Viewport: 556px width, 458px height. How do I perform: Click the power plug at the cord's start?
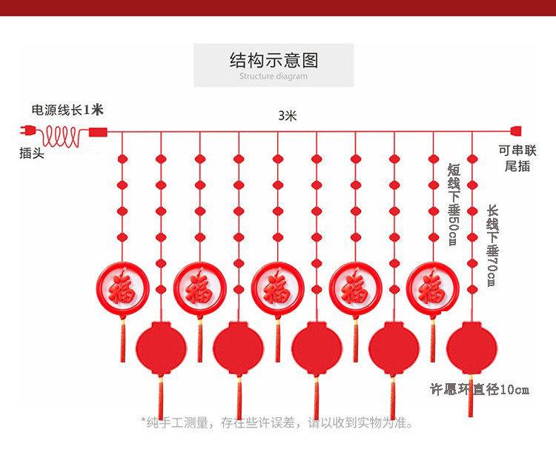click(27, 131)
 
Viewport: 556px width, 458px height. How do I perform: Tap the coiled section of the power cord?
click(61, 136)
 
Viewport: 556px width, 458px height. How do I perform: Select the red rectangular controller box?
click(98, 132)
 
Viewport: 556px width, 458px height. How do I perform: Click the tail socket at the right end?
click(516, 131)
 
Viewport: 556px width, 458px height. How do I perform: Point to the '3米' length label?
click(287, 116)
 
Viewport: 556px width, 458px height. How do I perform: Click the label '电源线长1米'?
click(67, 110)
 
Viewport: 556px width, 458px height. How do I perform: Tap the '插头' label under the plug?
click(32, 153)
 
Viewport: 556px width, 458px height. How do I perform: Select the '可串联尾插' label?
click(517, 158)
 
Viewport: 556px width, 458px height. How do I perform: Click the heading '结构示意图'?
click(274, 60)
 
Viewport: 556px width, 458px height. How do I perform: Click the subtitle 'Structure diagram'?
click(274, 76)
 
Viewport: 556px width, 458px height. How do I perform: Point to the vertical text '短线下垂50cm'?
click(453, 205)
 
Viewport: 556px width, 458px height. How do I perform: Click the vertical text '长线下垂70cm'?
click(492, 245)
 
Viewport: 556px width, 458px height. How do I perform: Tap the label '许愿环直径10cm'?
click(480, 390)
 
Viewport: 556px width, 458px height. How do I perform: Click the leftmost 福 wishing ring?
click(122, 288)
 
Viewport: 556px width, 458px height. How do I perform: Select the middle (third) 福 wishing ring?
click(278, 288)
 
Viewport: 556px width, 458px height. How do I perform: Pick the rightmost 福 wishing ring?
click(433, 288)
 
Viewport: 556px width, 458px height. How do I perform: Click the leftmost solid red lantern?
click(161, 348)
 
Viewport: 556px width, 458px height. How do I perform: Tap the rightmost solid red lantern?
click(471, 348)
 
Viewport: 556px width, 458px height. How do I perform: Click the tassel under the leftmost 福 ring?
click(122, 339)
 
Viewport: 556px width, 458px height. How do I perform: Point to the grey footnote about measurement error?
click(277, 422)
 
